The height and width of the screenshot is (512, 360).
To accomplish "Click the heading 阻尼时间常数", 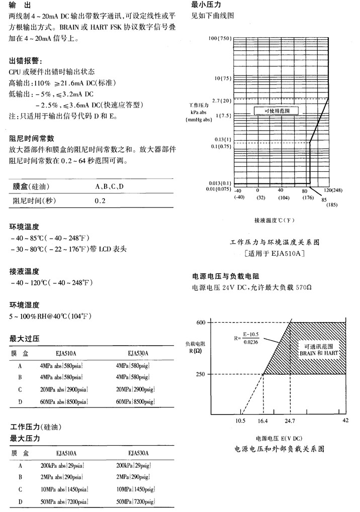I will (32, 139).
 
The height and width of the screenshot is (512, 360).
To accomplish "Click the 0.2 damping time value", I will (100, 201).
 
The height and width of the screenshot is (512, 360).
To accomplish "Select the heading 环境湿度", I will (24, 305).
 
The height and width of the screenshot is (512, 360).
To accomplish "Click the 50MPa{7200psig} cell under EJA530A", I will (135, 502).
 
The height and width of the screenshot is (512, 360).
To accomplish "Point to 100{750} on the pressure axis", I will (218, 39).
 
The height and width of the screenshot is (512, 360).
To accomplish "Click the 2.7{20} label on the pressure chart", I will (221, 101).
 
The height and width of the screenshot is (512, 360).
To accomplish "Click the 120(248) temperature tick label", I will (333, 190).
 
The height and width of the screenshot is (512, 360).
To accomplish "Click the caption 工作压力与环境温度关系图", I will (275, 242).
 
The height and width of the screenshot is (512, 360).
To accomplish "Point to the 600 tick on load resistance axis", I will (201, 322).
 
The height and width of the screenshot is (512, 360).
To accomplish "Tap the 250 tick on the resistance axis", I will (201, 374).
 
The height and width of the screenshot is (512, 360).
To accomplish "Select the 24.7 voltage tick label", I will (291, 421).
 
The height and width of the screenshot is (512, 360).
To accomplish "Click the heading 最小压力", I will (207, 5).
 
